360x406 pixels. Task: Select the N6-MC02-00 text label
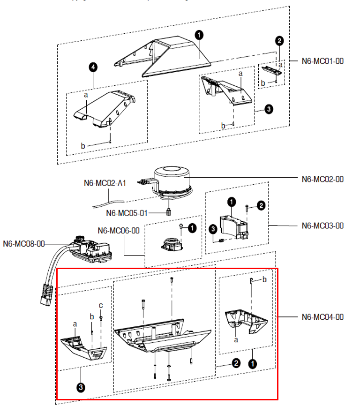(x=323, y=179)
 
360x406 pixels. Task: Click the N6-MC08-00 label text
(x=24, y=244)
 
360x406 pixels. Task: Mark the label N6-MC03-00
(x=323, y=226)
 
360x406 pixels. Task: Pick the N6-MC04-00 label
(x=323, y=317)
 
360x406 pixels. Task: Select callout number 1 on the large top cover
(x=199, y=35)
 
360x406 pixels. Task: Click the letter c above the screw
(x=100, y=306)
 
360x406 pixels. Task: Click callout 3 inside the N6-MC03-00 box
(x=212, y=229)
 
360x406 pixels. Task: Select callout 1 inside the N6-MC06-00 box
(x=192, y=228)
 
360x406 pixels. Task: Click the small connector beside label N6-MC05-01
(x=167, y=212)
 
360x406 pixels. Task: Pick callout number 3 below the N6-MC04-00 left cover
(x=82, y=387)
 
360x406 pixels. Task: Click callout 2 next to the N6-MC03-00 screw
(x=261, y=205)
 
